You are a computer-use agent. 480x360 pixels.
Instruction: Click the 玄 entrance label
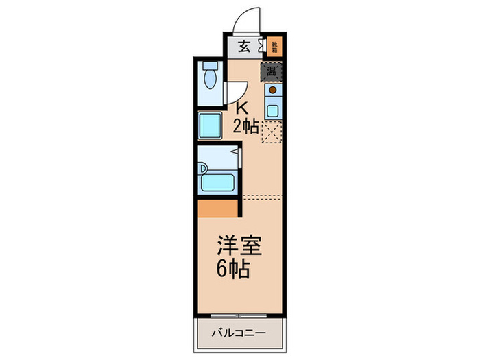[243, 47]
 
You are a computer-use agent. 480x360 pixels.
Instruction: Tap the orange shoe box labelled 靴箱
[274, 47]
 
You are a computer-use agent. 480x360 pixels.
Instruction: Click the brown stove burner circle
[272, 90]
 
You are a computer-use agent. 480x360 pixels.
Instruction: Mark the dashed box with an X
[272, 130]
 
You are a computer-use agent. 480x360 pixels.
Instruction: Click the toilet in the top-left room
[211, 80]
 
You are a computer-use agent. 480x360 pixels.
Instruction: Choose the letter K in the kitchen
[241, 108]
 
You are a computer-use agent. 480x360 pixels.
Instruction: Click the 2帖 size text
[245, 126]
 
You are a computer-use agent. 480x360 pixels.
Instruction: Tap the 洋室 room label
[239, 245]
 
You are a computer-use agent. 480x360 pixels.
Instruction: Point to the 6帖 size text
[232, 267]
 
